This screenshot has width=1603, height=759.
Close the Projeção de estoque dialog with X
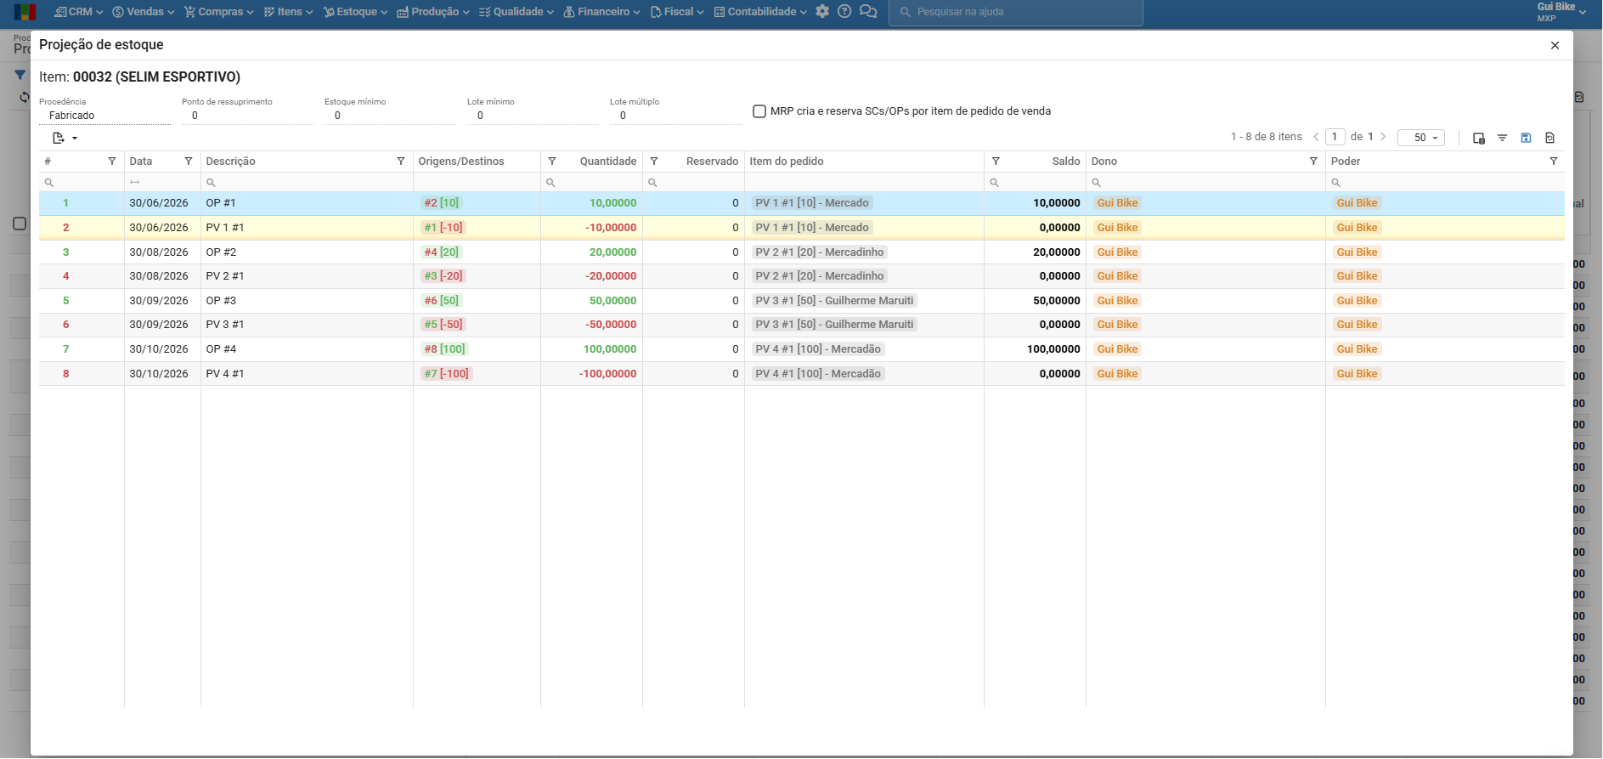click(1555, 45)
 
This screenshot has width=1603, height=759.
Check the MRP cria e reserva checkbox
click(759, 111)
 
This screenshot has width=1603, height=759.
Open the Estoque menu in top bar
click(355, 12)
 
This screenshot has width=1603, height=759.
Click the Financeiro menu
click(601, 12)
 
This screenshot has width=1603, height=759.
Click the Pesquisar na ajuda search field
click(1016, 12)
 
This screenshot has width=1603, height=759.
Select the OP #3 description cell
click(221, 301)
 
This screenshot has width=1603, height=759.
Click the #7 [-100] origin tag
click(447, 374)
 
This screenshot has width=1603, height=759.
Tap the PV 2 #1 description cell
click(225, 276)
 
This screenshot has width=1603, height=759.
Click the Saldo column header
click(1065, 161)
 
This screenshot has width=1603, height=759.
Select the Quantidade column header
click(608, 161)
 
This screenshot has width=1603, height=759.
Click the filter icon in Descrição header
click(401, 161)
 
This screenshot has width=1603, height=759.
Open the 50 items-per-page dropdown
click(1421, 138)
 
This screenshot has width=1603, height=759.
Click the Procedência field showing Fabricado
click(104, 116)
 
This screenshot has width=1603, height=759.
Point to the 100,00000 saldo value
click(1053, 349)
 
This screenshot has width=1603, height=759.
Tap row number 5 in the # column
click(65, 301)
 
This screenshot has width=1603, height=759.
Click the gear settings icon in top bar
click(822, 12)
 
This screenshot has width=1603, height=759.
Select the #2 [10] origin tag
click(442, 203)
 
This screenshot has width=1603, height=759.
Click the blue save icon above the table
click(1526, 138)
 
